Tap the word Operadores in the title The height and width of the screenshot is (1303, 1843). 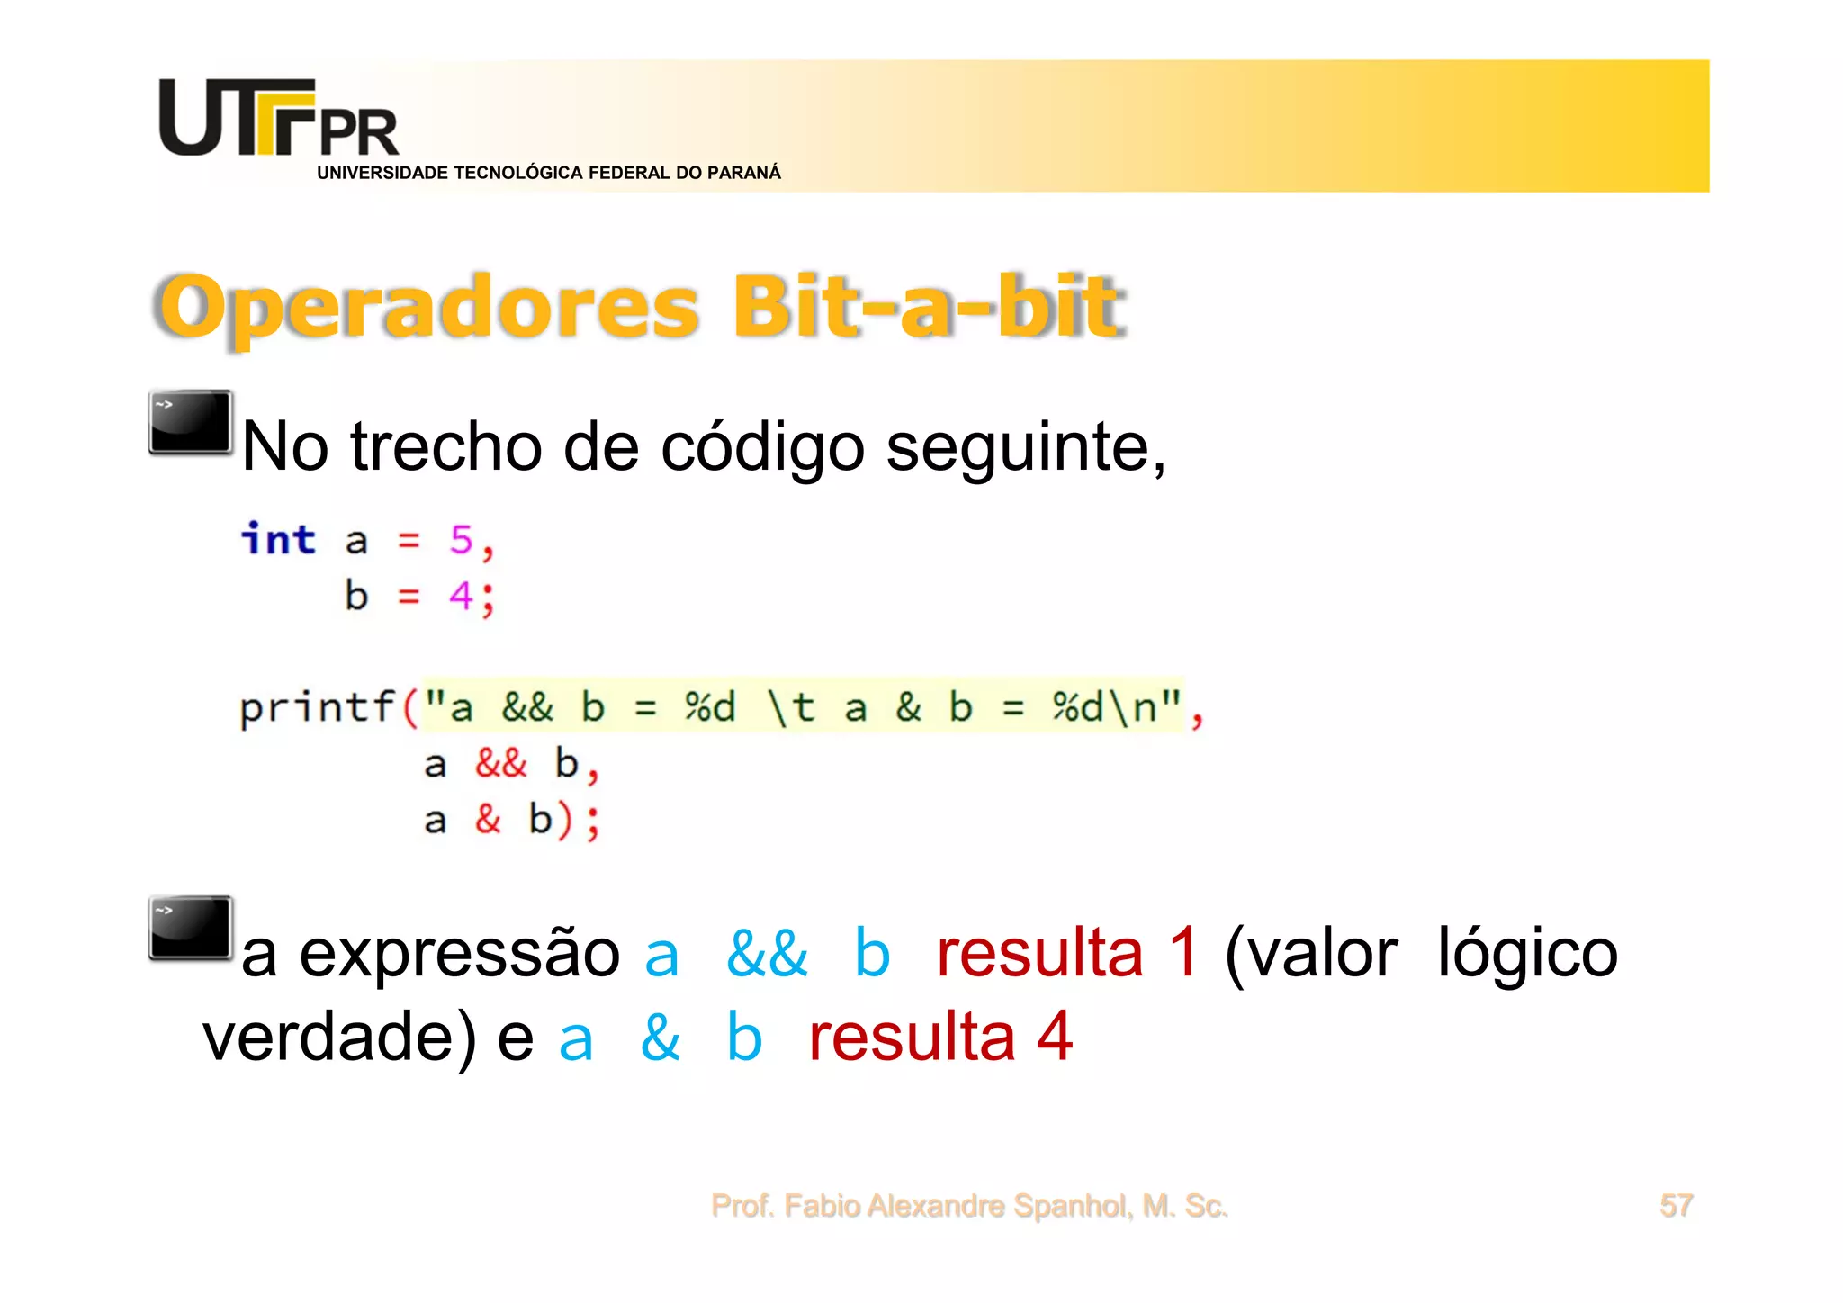pos(428,308)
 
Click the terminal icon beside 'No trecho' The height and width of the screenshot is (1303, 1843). pos(190,422)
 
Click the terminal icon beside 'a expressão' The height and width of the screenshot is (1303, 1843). pos(190,928)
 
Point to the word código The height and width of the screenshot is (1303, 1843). pos(762,447)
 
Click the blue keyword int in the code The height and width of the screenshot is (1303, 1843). pos(278,540)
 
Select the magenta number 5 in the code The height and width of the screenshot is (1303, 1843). pos(461,540)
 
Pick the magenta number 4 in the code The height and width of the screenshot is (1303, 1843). pos(461,596)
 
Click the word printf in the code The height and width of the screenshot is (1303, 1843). pos(317,707)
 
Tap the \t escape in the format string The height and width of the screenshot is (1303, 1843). pos(790,707)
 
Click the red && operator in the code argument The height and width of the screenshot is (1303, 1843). pos(500,763)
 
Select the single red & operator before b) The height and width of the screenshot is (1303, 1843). pos(488,819)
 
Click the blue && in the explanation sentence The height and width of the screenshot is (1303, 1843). pos(767,954)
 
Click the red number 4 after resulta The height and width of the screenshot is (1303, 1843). pos(1054,1037)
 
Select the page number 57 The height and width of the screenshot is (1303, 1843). pos(1676,1205)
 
